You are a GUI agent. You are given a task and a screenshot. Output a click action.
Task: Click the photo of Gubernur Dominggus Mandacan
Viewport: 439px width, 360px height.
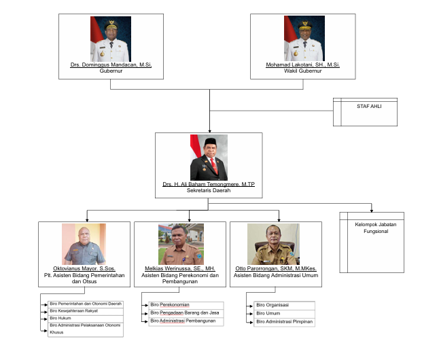tap(111, 39)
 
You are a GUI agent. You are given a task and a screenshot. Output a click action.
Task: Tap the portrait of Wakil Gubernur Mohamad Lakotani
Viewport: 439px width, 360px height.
tap(304, 39)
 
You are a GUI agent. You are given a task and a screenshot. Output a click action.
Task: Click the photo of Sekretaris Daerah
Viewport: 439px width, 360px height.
tap(209, 158)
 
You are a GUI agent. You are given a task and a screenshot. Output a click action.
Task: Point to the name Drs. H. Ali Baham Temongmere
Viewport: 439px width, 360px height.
tap(209, 184)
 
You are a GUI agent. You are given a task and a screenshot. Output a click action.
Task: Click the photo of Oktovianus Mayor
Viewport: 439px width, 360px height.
tap(84, 244)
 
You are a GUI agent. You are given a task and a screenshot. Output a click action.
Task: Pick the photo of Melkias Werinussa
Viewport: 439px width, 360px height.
tap(181, 244)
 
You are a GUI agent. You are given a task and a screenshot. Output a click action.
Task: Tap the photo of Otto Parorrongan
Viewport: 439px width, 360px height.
tap(276, 244)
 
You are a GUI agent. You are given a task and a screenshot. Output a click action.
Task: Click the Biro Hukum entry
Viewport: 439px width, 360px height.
tap(62, 318)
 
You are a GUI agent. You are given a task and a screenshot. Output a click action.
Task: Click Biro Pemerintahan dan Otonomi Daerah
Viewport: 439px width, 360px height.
tap(86, 303)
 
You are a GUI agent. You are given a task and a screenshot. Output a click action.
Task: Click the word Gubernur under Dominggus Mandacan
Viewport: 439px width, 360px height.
tap(111, 70)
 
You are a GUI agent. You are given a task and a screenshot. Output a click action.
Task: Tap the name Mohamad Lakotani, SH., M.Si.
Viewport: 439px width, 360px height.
tap(304, 65)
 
